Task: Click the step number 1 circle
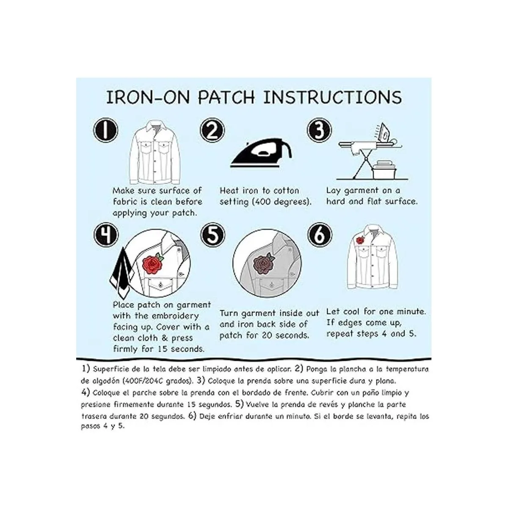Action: (x=106, y=130)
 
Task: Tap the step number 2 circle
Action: (x=212, y=130)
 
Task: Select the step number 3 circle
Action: (x=319, y=130)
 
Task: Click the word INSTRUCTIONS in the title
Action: (x=332, y=97)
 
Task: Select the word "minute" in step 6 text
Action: (x=411, y=312)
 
